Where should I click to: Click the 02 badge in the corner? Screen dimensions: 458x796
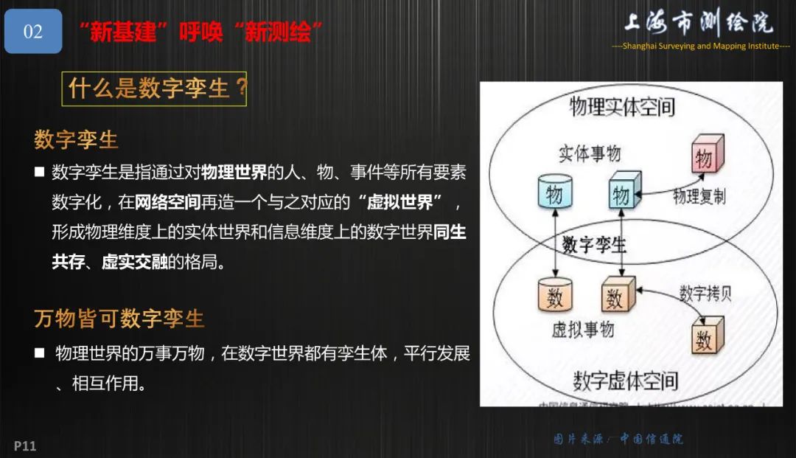(33, 32)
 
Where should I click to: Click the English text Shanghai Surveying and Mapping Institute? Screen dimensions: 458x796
(700, 46)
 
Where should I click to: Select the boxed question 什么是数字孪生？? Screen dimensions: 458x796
(154, 89)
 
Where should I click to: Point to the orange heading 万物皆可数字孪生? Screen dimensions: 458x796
(119, 319)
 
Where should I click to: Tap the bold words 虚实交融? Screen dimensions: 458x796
(134, 261)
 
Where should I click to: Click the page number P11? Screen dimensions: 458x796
(25, 445)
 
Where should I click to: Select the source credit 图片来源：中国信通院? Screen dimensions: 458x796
(618, 439)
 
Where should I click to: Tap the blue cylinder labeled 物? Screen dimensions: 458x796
(554, 193)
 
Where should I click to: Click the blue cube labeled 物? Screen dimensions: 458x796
(621, 193)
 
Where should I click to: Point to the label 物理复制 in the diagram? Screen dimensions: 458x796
(699, 196)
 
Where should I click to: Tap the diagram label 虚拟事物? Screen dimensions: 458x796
(582, 330)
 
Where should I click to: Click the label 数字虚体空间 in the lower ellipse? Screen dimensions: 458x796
(625, 381)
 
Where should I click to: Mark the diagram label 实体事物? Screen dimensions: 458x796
(589, 153)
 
